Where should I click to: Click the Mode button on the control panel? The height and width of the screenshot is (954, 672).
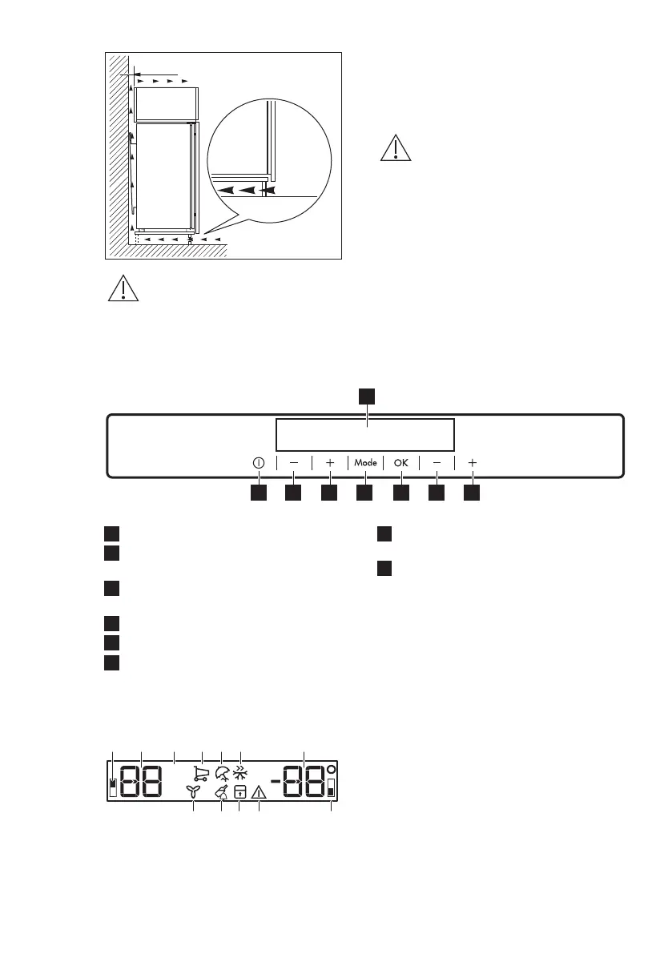point(365,463)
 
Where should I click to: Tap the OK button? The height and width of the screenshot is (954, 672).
point(400,463)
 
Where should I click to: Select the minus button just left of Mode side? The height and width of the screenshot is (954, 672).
point(294,463)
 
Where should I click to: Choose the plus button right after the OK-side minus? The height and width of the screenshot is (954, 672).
point(473,463)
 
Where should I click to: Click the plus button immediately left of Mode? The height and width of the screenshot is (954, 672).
point(329,463)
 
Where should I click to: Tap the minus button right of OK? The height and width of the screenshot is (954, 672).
point(437,463)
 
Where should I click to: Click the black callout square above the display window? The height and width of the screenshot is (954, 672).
point(366,396)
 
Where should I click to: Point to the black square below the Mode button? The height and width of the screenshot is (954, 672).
point(365,495)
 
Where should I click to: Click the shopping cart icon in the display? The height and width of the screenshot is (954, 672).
point(201,773)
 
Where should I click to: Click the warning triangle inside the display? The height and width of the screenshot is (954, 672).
point(260,792)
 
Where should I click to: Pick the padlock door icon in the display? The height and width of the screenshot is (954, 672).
point(239,792)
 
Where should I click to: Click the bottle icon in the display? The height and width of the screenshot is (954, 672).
point(221,791)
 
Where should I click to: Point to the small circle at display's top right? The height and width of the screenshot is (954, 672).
point(331,768)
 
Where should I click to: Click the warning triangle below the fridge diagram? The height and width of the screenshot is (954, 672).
point(124,289)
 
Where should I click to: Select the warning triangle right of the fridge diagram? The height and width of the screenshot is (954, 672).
point(395,149)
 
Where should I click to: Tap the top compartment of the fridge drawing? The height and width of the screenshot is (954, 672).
point(166,103)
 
